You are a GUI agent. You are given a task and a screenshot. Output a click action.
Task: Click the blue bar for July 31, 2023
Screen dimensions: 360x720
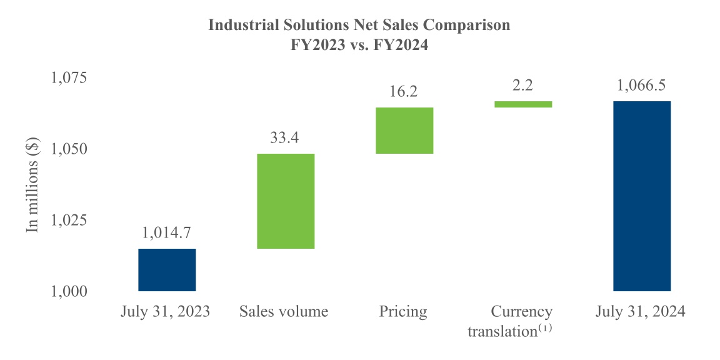(167, 269)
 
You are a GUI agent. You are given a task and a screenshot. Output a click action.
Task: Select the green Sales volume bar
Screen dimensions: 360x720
(285, 201)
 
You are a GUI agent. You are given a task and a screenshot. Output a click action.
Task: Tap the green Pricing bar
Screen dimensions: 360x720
(404, 130)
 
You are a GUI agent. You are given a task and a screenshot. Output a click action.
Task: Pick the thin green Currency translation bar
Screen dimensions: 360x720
(522, 104)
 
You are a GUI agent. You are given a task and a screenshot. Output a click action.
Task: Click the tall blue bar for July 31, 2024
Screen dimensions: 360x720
(641, 196)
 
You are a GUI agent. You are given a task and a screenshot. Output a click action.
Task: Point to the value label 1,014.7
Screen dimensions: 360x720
(167, 233)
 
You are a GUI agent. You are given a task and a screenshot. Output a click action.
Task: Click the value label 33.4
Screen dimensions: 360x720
(285, 138)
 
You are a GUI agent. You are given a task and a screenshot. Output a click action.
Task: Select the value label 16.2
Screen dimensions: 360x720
(404, 92)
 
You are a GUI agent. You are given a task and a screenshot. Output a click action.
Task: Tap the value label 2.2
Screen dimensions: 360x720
(522, 86)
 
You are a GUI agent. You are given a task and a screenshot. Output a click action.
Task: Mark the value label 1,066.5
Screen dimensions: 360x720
(641, 86)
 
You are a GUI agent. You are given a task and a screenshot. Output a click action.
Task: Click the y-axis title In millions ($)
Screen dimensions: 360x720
(32, 185)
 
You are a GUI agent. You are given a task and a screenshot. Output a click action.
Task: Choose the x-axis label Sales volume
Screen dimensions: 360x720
(284, 311)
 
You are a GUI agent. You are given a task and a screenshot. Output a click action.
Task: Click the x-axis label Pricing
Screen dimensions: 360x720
(403, 311)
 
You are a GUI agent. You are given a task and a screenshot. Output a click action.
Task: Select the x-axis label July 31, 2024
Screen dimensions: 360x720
(641, 311)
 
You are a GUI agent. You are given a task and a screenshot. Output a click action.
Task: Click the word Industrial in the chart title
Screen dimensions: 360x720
(241, 26)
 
